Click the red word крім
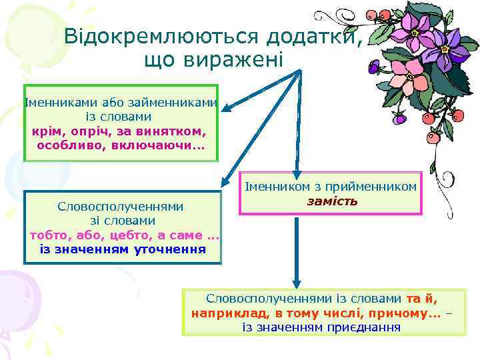[45, 130]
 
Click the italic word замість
[331, 201]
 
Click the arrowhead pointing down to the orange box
[298, 281]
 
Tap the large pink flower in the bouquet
[407, 78]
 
